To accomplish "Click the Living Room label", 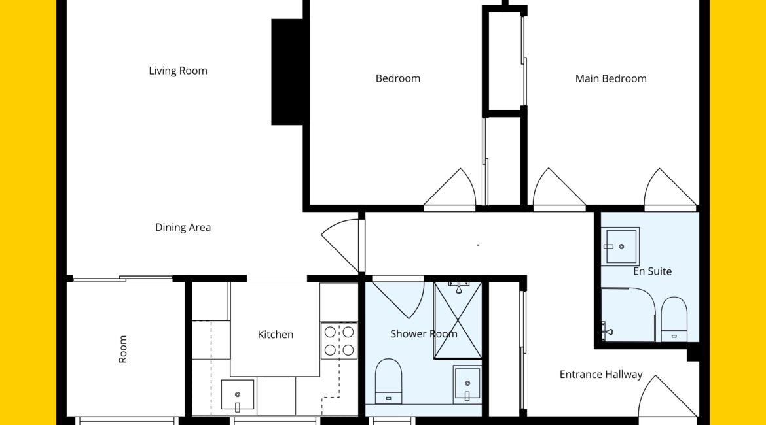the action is [178, 71].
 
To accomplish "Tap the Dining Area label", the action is [183, 228].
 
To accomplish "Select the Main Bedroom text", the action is [611, 78].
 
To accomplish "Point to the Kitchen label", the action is [276, 334].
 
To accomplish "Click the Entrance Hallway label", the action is [601, 374].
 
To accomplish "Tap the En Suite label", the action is [652, 271].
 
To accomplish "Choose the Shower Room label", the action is [424, 333].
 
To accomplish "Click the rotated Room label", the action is [122, 349].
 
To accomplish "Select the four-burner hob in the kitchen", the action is [339, 341].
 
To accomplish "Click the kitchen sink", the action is [238, 395].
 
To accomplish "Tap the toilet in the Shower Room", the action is [388, 382].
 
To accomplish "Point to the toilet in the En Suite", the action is [674, 319].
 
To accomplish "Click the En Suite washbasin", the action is [620, 246].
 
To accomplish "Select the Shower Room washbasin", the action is [467, 384].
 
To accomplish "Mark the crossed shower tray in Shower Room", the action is [458, 320].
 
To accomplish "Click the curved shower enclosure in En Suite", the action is [629, 314].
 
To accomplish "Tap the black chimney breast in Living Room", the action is [287, 72].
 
